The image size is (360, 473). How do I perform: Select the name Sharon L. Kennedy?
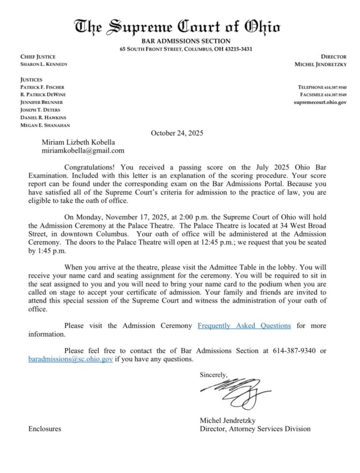point(44,64)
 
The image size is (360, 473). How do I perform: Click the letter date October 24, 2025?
point(177,133)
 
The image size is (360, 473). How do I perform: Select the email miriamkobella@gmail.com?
point(83,151)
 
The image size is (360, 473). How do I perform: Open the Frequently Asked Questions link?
point(244,326)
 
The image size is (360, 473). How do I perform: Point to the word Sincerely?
point(214,375)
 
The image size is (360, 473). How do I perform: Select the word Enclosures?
point(44,429)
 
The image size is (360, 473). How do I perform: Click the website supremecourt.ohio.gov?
point(320,102)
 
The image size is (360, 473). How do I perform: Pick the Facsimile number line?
point(323,95)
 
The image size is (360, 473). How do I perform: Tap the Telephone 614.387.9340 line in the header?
point(323,87)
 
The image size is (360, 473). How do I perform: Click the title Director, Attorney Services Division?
point(255,429)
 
